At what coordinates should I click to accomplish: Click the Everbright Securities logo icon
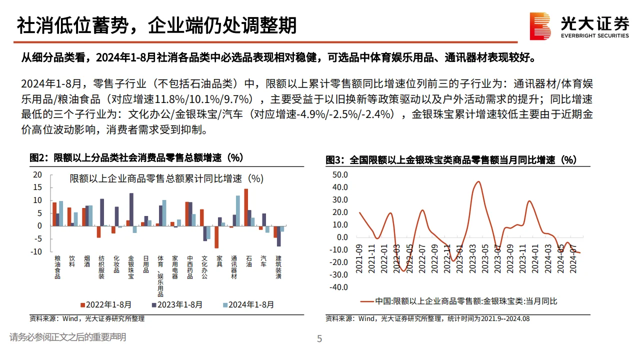(540, 26)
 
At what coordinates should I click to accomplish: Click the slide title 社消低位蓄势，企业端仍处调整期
(156, 25)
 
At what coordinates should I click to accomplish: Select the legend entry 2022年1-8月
(105, 304)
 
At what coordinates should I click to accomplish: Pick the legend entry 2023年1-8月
(177, 304)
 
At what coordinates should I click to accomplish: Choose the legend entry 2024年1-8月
(248, 304)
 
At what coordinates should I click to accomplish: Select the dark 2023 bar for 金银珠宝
(131, 209)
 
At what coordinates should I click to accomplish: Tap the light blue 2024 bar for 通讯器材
(238, 210)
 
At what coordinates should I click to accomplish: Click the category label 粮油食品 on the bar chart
(57, 267)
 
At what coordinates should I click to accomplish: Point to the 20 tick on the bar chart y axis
(38, 174)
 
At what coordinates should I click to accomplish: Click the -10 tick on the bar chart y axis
(36, 251)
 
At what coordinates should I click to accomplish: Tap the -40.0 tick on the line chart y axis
(339, 287)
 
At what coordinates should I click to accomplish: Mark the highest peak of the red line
(478, 181)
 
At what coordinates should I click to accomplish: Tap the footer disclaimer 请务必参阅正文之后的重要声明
(67, 337)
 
